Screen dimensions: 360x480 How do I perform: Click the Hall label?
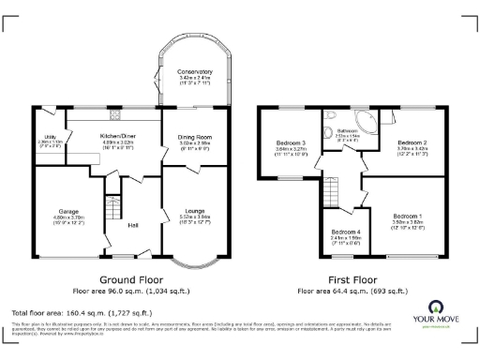(x=133, y=225)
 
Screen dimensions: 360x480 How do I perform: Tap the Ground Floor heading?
(x=132, y=279)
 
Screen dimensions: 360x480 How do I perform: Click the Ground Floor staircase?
(x=114, y=208)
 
